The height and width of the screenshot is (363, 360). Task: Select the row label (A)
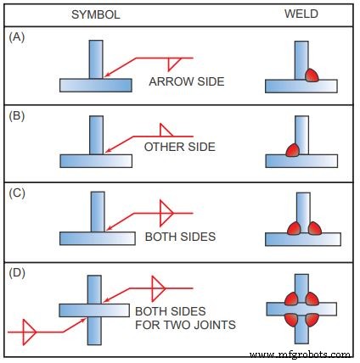16,39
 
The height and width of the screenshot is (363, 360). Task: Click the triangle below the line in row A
176,63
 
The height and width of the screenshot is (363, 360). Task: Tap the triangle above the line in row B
166,130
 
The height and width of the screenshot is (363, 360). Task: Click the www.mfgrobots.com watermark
301,354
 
